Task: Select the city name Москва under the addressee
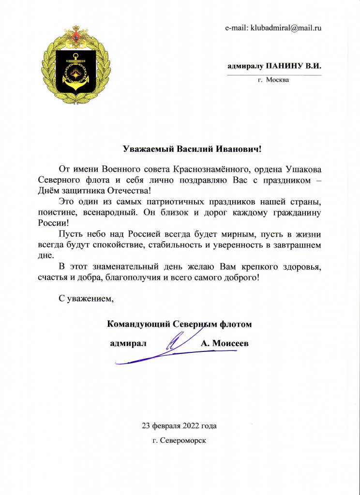click(277, 79)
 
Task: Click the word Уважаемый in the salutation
click(148, 148)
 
